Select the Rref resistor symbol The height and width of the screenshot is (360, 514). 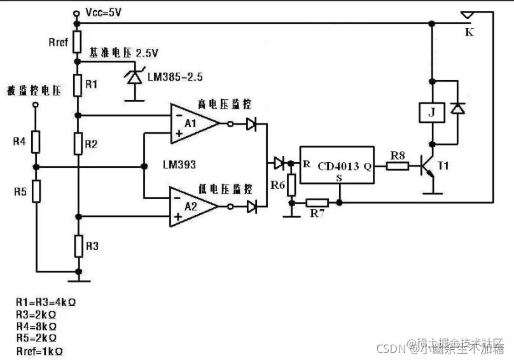(x=77, y=43)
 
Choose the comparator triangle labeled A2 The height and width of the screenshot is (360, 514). (x=193, y=206)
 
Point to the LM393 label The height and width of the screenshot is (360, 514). (x=179, y=165)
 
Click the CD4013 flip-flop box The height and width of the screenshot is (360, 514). (x=336, y=167)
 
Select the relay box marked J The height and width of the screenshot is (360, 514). (x=433, y=113)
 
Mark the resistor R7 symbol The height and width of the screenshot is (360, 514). (x=316, y=203)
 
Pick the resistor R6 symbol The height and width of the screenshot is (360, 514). (x=291, y=185)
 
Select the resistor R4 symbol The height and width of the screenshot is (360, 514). (x=36, y=141)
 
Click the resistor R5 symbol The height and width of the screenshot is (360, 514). (x=36, y=190)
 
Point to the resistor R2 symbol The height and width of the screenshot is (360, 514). (x=78, y=144)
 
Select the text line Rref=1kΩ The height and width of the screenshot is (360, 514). (x=40, y=350)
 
